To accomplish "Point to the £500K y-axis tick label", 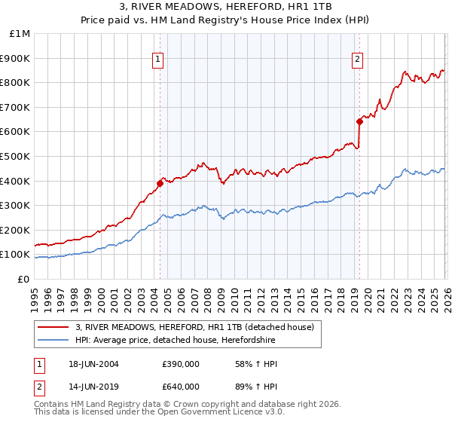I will click(17, 156).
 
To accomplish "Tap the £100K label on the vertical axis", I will click(17, 255).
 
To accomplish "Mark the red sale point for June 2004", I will click(160, 183).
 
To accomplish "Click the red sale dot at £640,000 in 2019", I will click(359, 121).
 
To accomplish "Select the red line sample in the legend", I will click(53, 327).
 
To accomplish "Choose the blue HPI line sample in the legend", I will click(53, 341).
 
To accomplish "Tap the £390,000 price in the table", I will click(181, 364).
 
